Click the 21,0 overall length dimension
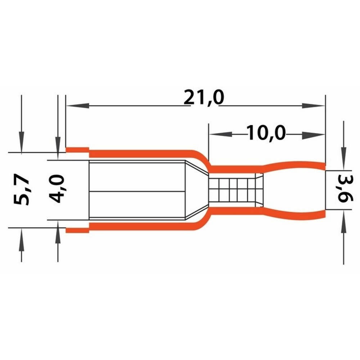(204, 98)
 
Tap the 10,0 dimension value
(266, 133)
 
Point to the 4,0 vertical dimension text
(57, 189)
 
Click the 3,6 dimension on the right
(345, 189)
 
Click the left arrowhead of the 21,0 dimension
(77, 105)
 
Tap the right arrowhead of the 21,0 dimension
(314, 105)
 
